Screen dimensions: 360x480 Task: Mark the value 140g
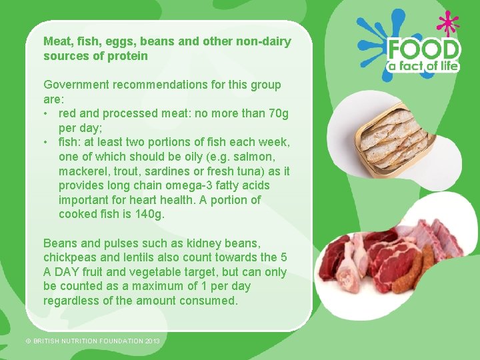(149, 215)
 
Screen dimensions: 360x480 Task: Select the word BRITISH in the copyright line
(49, 341)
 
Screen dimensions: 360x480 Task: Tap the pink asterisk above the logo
(448, 23)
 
